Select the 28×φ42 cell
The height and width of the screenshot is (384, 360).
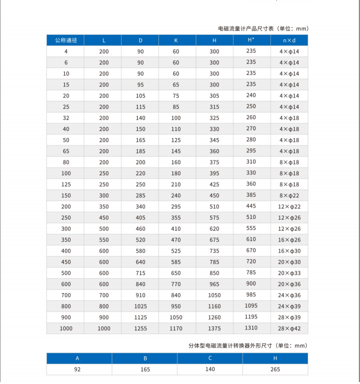[289, 328]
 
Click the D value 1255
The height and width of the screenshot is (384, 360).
[140, 328]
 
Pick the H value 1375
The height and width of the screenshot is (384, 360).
[214, 328]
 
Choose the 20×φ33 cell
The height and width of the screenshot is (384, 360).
[289, 272]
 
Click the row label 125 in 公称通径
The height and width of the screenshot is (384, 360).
[66, 185]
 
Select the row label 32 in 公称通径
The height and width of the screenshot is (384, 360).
[66, 118]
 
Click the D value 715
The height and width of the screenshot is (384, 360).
[140, 273]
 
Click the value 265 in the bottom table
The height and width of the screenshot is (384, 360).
[275, 370]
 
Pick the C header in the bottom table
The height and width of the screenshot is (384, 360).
[210, 358]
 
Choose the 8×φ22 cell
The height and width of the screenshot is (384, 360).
[289, 195]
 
